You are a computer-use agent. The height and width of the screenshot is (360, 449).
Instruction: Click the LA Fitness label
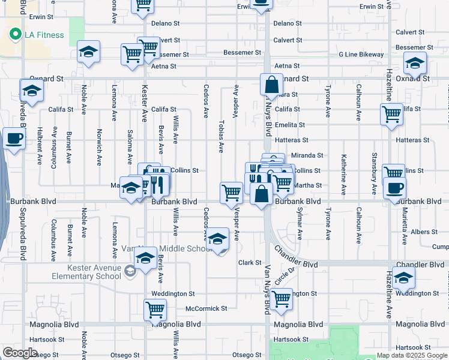[43, 35]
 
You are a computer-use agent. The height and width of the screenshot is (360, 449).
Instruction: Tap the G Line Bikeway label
[361, 55]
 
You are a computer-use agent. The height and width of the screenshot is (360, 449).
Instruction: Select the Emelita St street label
[290, 124]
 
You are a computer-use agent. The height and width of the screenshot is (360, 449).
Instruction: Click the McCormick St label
[206, 308]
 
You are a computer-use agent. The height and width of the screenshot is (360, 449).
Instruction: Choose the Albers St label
[424, 232]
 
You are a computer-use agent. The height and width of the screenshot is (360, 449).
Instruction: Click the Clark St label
[250, 263]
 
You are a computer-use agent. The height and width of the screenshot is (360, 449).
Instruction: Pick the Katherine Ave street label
[343, 175]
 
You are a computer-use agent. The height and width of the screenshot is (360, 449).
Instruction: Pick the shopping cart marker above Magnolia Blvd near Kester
[155, 310]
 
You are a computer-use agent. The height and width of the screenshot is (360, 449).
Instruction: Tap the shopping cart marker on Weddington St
[281, 298]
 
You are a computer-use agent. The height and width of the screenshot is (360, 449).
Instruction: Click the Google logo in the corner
[20, 353]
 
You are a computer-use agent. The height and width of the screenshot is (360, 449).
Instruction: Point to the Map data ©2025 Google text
[411, 355]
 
